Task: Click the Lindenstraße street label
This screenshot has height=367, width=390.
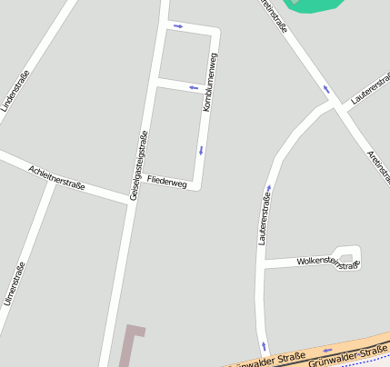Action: tap(16, 91)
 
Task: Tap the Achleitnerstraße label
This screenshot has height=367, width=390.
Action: tap(56, 177)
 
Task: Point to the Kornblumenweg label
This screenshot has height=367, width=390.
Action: tap(210, 83)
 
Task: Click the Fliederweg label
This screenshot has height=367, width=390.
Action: tap(166, 183)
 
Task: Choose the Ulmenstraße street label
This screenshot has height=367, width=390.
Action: tap(14, 283)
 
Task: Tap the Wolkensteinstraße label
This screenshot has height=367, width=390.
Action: tap(328, 263)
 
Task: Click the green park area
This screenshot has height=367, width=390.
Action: tap(315, 5)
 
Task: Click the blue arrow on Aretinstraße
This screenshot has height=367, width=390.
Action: tap(325, 89)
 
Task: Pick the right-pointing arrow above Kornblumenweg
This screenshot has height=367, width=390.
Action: tap(178, 25)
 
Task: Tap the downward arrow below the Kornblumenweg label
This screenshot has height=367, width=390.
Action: tap(201, 150)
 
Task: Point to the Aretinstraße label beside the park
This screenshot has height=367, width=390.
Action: tap(275, 16)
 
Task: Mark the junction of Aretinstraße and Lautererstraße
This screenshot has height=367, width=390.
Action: tap(337, 104)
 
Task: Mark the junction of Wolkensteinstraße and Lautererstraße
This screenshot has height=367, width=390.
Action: tap(262, 267)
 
